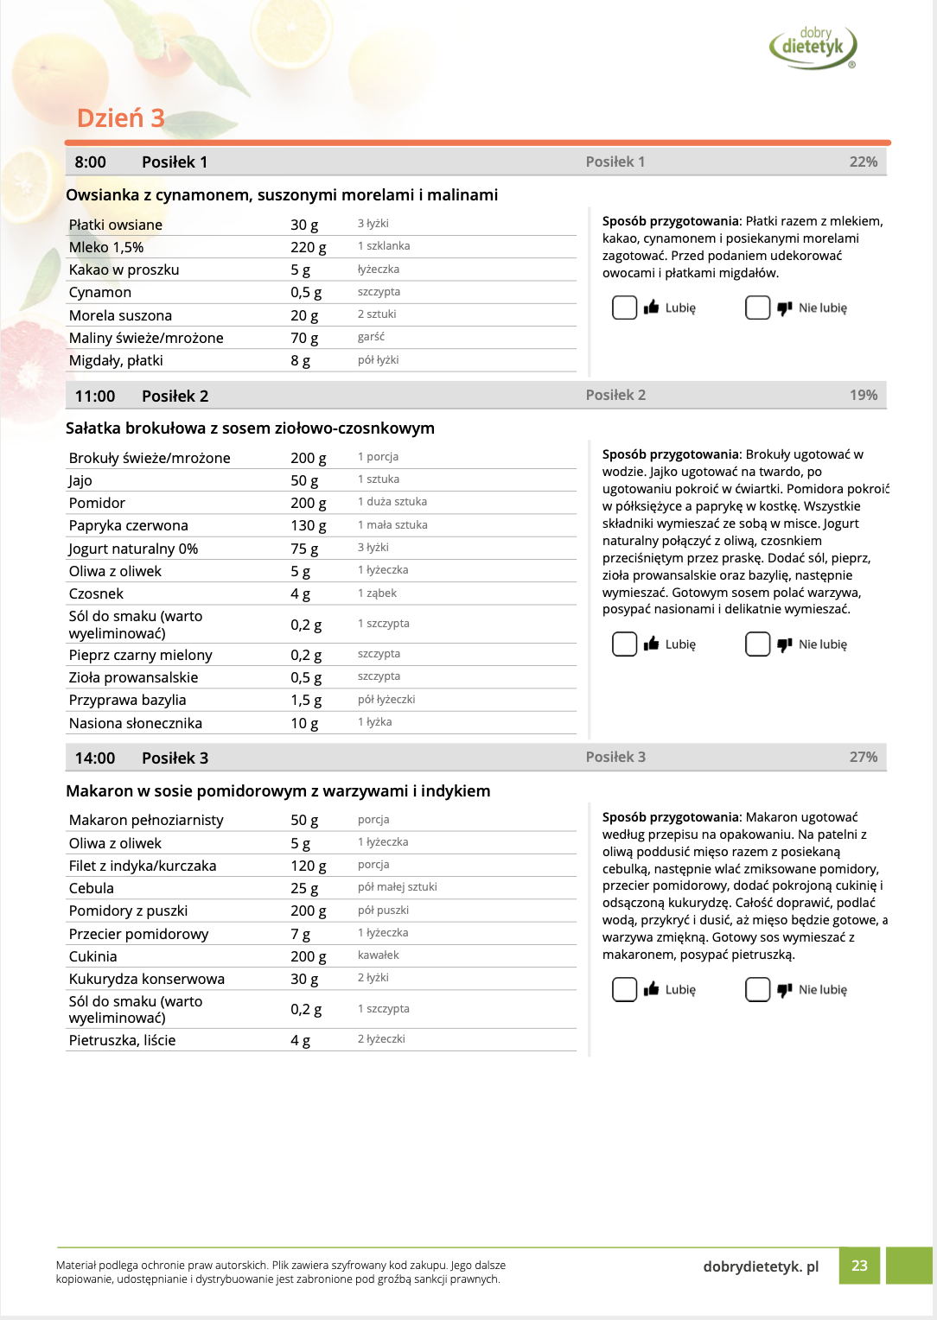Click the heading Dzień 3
point(120,118)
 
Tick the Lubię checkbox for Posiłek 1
point(624,308)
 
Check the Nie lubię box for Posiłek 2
point(757,644)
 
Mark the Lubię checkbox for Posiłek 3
point(624,989)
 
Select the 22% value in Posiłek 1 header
point(863,162)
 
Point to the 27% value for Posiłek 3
point(863,757)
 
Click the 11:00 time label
point(95,396)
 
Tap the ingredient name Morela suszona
point(120,315)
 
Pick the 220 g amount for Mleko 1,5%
point(308,247)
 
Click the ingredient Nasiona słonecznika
point(136,723)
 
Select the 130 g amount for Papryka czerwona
point(308,525)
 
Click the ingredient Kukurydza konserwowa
point(147,979)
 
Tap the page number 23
point(859,1266)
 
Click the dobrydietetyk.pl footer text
point(761,1266)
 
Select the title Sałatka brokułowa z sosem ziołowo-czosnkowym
point(250,428)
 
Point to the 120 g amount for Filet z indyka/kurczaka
point(308,866)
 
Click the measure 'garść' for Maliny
point(371,337)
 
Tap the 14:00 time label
point(95,758)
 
